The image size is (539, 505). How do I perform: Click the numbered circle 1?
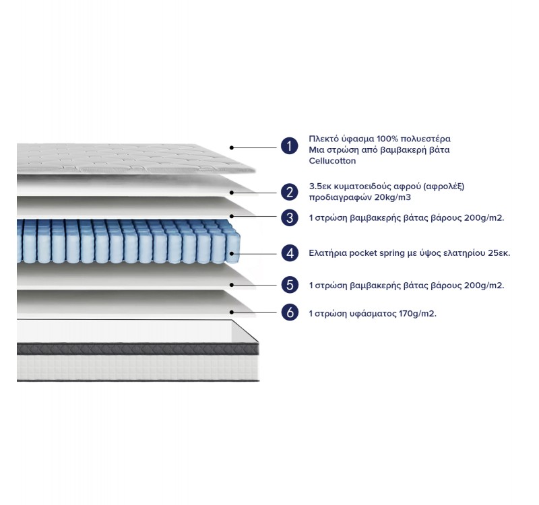pyautogui.click(x=289, y=146)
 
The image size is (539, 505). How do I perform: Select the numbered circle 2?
pyautogui.click(x=289, y=192)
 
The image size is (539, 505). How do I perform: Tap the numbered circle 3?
pyautogui.click(x=289, y=217)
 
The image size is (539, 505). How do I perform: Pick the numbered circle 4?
pyautogui.click(x=289, y=253)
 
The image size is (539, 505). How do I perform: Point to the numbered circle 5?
pyautogui.click(x=289, y=285)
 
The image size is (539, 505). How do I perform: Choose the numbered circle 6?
pyautogui.click(x=289, y=312)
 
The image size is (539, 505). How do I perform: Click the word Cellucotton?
pyautogui.click(x=332, y=161)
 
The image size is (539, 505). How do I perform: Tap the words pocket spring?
pyautogui.click(x=373, y=254)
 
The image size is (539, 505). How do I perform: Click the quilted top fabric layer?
pyautogui.click(x=128, y=158)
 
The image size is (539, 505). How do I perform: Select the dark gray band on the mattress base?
pyautogui.click(x=135, y=348)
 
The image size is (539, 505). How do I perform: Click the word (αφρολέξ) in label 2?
pyautogui.click(x=445, y=187)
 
